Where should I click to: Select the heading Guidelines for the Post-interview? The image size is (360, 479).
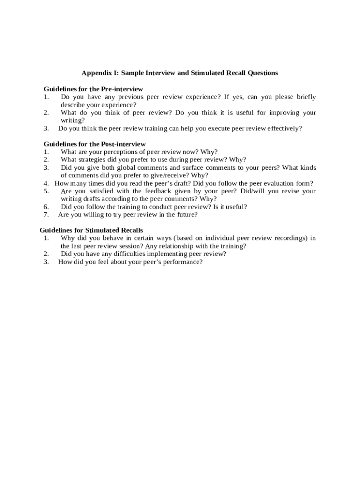pyautogui.click(x=94, y=144)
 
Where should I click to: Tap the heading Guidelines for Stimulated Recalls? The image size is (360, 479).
pyautogui.click(x=91, y=230)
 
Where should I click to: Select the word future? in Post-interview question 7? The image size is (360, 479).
pyautogui.click(x=186, y=215)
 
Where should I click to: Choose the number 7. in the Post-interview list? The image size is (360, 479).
pyautogui.click(x=46, y=215)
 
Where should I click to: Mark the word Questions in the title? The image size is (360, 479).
pyautogui.click(x=263, y=73)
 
